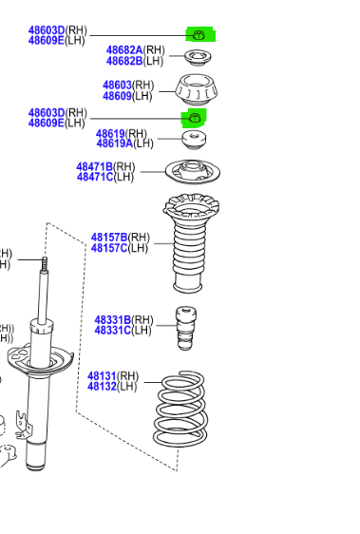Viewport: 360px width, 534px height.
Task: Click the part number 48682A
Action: [x=124, y=50]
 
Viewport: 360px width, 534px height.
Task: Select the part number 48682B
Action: [x=124, y=61]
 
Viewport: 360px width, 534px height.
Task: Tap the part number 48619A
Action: [x=114, y=143]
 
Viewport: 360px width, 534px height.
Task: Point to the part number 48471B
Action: [x=94, y=167]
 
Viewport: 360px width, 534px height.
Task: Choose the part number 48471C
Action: [x=95, y=177]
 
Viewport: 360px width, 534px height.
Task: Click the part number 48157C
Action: [x=109, y=248]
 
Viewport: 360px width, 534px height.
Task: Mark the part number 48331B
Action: [x=112, y=320]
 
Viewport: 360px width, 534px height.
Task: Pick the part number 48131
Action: [x=102, y=376]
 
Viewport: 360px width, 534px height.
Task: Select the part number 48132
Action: [x=102, y=387]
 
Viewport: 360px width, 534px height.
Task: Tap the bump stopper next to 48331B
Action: [x=186, y=328]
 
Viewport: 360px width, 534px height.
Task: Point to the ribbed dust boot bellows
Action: [x=190, y=243]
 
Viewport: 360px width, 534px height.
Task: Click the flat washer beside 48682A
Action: [x=198, y=58]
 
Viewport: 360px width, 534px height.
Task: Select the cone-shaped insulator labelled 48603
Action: [x=197, y=90]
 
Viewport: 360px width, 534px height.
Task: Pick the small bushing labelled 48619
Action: [x=194, y=140]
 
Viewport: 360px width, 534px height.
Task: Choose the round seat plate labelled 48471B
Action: [x=193, y=172]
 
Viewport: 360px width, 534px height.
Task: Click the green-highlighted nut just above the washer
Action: [x=199, y=35]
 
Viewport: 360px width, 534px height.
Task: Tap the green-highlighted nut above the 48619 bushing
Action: [x=195, y=118]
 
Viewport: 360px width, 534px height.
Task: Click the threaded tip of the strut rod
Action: [x=45, y=263]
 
